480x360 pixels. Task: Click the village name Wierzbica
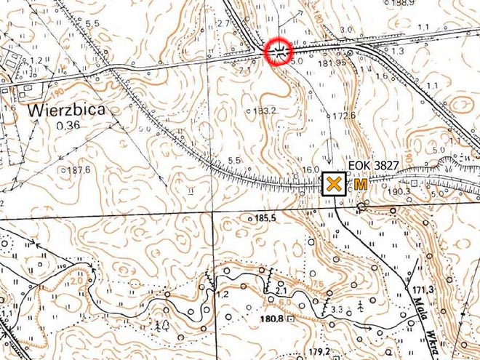[x=66, y=110]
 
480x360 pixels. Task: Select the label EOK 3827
[x=373, y=166]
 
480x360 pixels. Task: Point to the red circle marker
[x=278, y=51]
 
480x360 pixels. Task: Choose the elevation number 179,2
[x=319, y=352]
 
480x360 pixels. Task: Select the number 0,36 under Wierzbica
[x=68, y=125]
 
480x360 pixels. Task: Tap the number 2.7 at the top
[x=223, y=24]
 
